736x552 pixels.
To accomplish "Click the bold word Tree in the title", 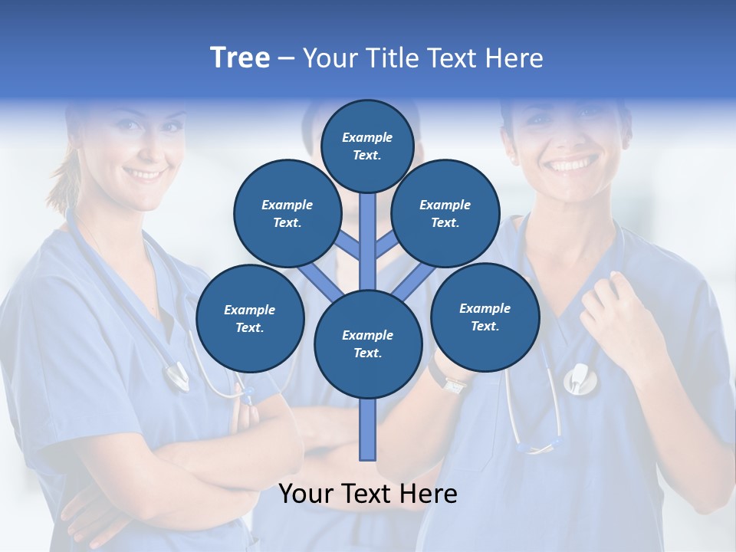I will (x=240, y=58).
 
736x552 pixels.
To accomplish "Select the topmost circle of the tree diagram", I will (x=367, y=146).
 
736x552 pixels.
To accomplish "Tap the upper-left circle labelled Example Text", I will (x=287, y=213).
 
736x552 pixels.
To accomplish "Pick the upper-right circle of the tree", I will (x=445, y=213).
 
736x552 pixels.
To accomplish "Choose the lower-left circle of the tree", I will (x=250, y=318).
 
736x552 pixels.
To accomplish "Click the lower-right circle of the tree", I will (x=485, y=317).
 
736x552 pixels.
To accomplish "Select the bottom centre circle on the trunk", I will (x=368, y=344).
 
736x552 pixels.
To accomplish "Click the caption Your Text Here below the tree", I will (x=368, y=494).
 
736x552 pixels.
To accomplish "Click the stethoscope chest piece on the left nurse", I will (x=177, y=376).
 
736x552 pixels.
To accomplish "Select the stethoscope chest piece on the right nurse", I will (x=579, y=379).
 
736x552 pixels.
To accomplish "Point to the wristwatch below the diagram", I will (x=454, y=384).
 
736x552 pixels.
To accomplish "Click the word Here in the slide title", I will (x=514, y=58).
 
